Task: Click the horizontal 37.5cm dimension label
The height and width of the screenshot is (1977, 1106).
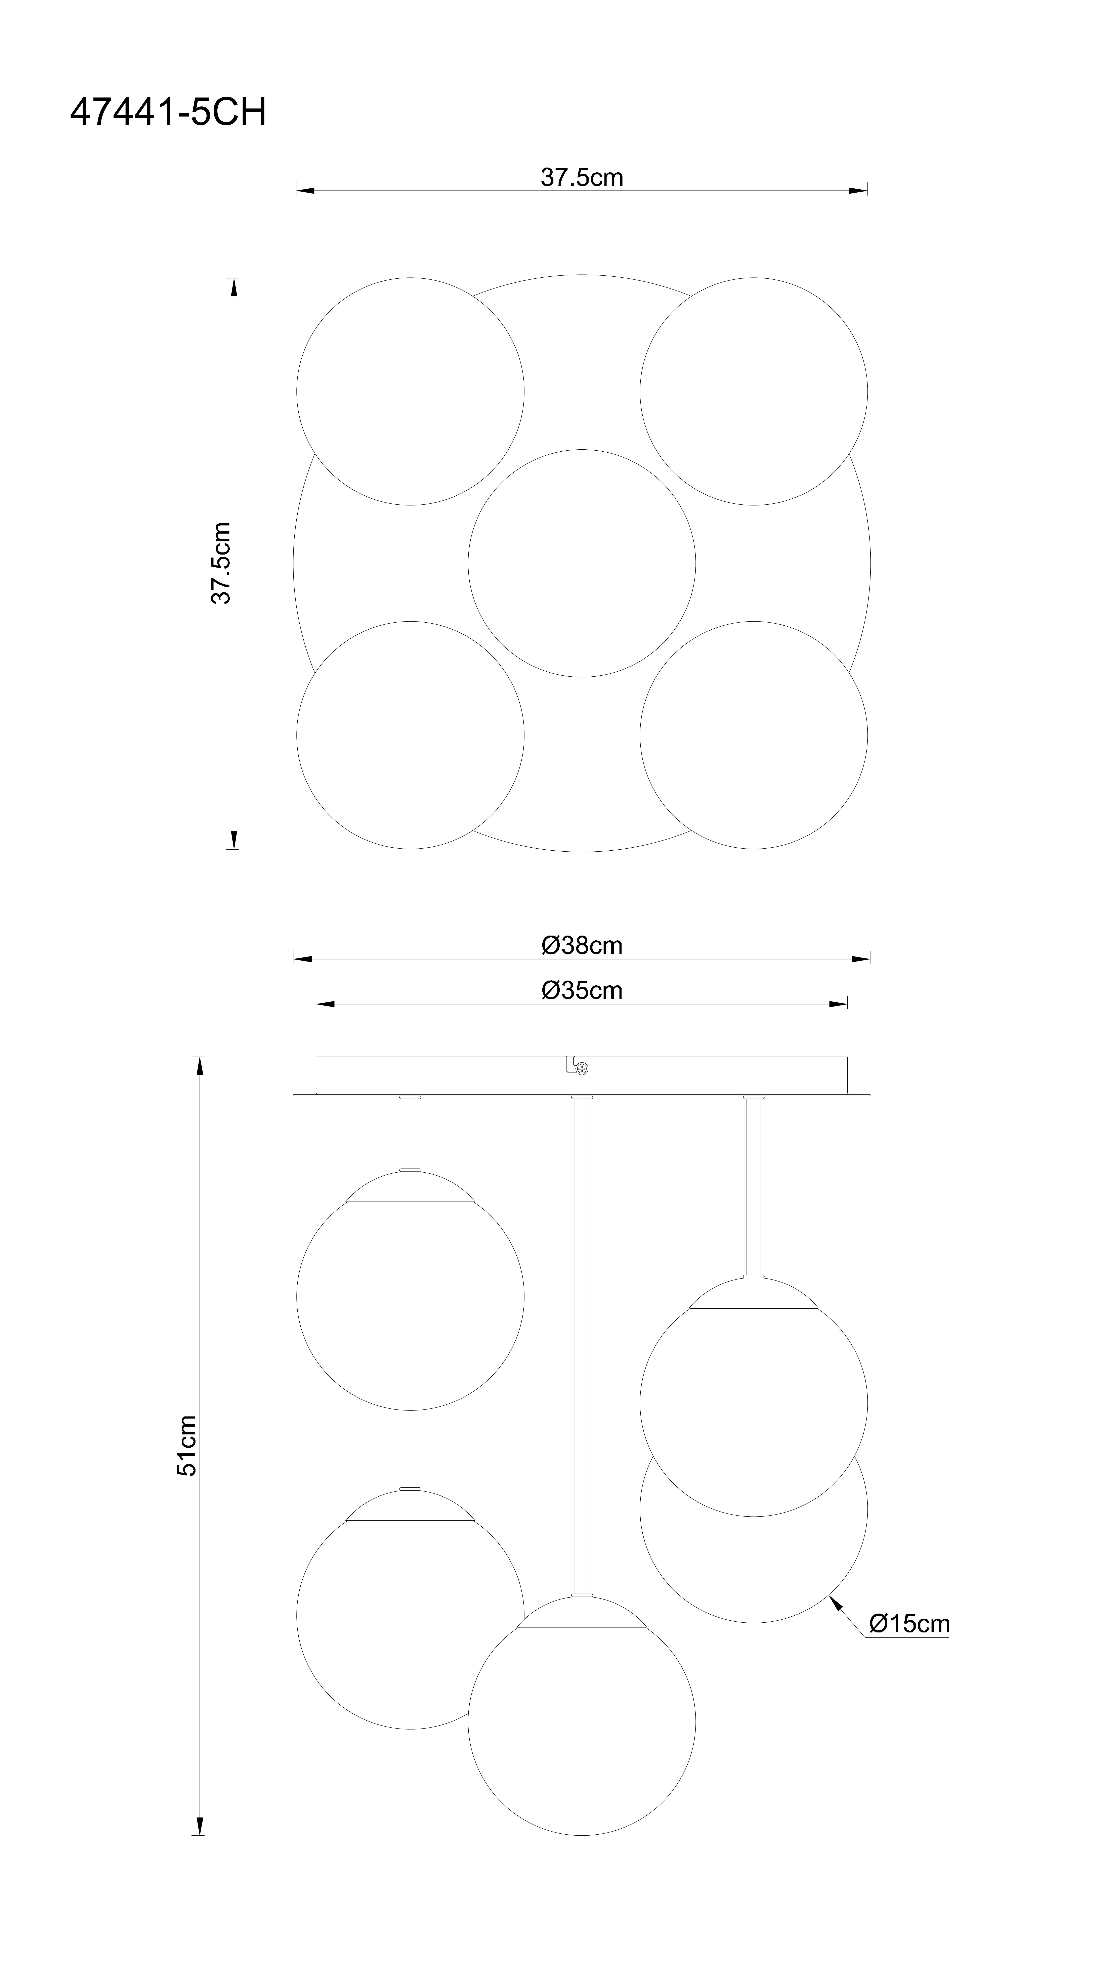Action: point(582,177)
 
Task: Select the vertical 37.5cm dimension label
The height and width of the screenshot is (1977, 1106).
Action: point(221,563)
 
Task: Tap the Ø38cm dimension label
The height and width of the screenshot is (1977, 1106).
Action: point(582,946)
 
